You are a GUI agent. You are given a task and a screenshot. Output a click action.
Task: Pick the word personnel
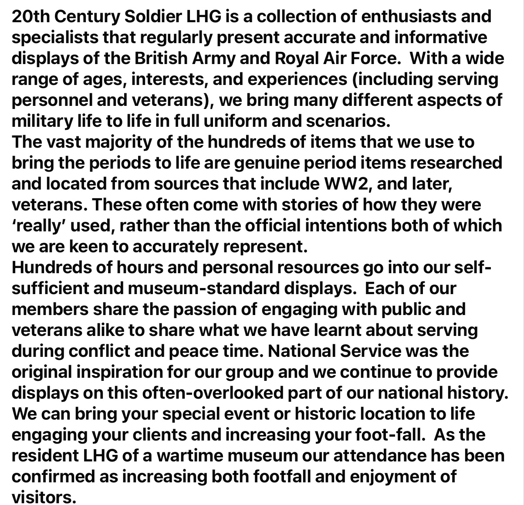click(x=51, y=100)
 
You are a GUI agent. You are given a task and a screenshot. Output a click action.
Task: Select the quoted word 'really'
click(x=38, y=226)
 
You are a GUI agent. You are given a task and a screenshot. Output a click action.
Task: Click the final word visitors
click(x=44, y=497)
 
